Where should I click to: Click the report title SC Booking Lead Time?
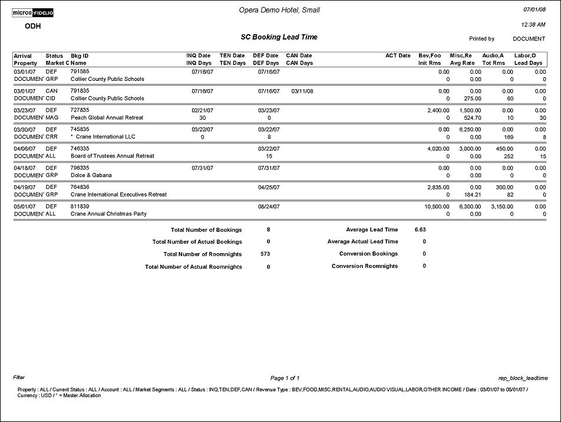coord(279,37)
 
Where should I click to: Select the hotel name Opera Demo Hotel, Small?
coord(280,10)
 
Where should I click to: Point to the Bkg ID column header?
coord(80,55)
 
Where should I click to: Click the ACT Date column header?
coord(398,55)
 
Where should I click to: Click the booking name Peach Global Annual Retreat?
coord(107,117)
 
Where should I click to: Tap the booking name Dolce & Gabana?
coord(91,175)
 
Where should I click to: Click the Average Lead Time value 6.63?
coord(420,229)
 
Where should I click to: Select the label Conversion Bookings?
coord(368,254)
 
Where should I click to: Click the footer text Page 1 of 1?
coord(285,378)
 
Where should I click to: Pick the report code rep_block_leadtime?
coord(523,378)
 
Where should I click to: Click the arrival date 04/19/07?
coord(25,187)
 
